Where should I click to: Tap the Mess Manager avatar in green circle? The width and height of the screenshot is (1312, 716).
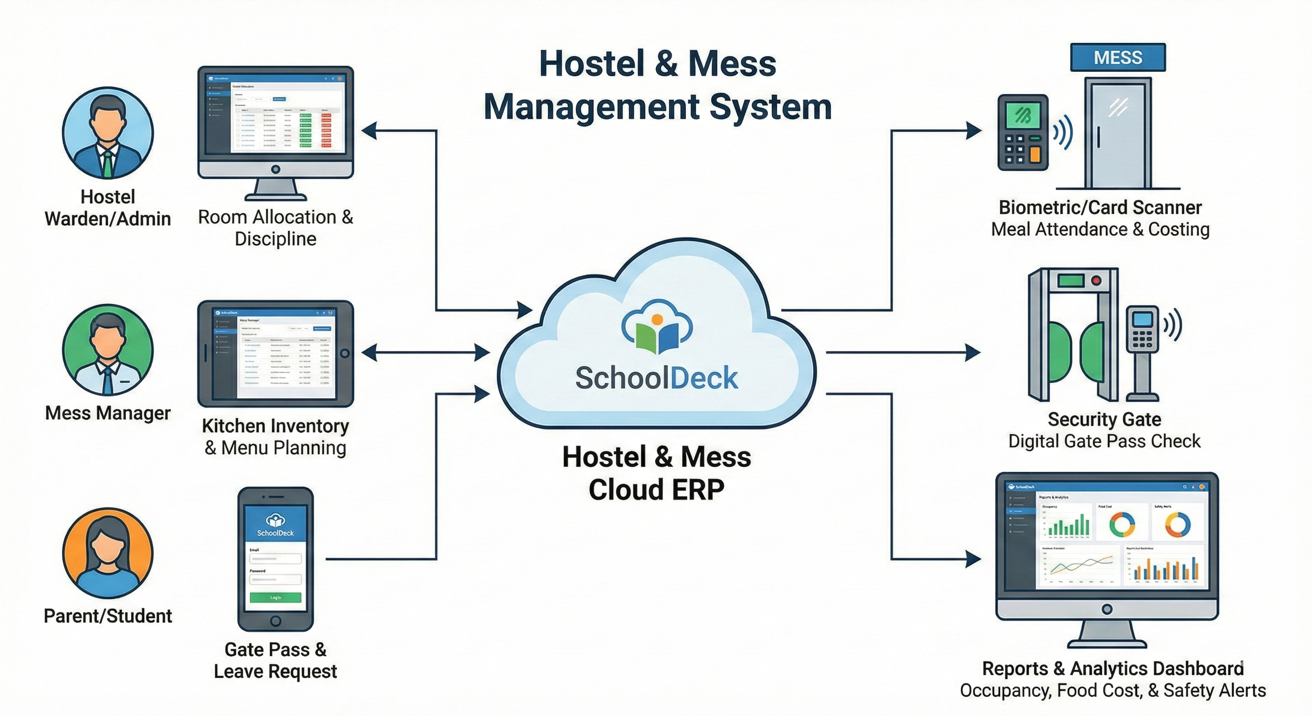pos(108,350)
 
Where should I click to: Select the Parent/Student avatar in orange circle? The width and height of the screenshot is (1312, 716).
pos(108,552)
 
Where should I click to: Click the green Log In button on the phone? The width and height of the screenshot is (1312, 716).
pos(275,597)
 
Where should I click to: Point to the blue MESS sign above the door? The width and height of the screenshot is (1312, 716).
pos(1118,57)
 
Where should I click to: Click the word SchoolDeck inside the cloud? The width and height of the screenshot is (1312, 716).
pos(656,378)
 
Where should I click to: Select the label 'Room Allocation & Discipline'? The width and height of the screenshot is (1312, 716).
pos(275,227)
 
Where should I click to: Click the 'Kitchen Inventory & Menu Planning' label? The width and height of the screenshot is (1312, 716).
pos(275,436)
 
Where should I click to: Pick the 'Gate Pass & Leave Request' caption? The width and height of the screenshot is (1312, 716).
pos(275,660)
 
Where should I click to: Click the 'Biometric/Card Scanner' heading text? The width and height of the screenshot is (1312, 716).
pos(1100,207)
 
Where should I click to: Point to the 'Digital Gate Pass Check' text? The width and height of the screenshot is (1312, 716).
pos(1104,441)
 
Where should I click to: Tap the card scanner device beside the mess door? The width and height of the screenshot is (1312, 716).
pos(1023,132)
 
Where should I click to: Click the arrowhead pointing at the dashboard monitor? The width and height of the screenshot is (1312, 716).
pos(973,559)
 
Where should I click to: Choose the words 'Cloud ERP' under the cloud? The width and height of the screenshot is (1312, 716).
pos(656,489)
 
